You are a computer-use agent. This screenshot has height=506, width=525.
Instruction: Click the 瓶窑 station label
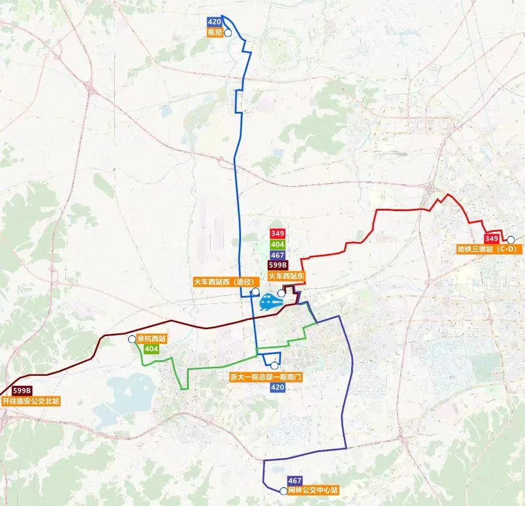coord(215,33)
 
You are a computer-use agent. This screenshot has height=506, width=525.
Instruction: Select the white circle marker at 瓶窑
coord(227,33)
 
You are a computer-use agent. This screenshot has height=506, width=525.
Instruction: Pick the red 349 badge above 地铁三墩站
coord(491,239)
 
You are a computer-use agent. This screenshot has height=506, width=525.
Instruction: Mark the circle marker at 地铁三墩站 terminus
coord(510,239)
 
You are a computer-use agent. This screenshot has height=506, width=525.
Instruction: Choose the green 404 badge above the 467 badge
coord(277,244)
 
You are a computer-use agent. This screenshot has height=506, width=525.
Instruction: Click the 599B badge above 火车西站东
coord(278,265)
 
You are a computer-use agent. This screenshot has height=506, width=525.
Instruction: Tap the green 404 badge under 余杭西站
coord(151,349)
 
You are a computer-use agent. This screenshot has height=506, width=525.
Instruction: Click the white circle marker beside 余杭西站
coord(133,339)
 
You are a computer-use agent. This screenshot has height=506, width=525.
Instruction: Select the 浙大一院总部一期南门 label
coord(266,377)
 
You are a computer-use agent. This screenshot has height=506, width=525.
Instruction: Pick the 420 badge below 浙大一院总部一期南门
coord(277,388)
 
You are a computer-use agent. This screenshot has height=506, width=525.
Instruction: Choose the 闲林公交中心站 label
coord(314,491)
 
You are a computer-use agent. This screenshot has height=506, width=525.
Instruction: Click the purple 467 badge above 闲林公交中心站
coord(295,480)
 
